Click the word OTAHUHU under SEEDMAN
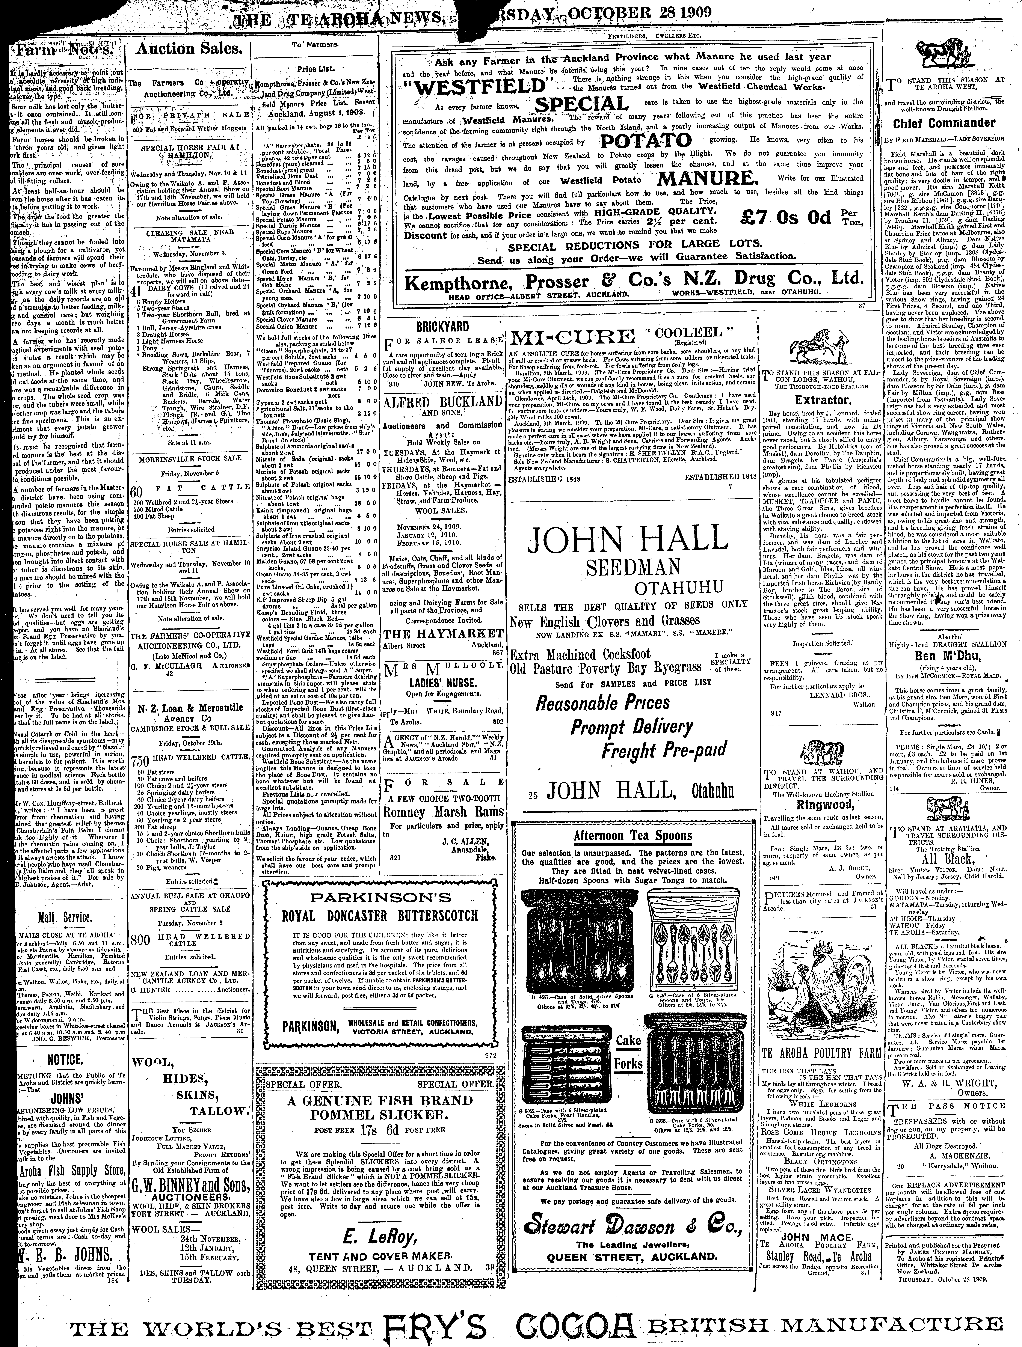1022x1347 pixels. point(679,588)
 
